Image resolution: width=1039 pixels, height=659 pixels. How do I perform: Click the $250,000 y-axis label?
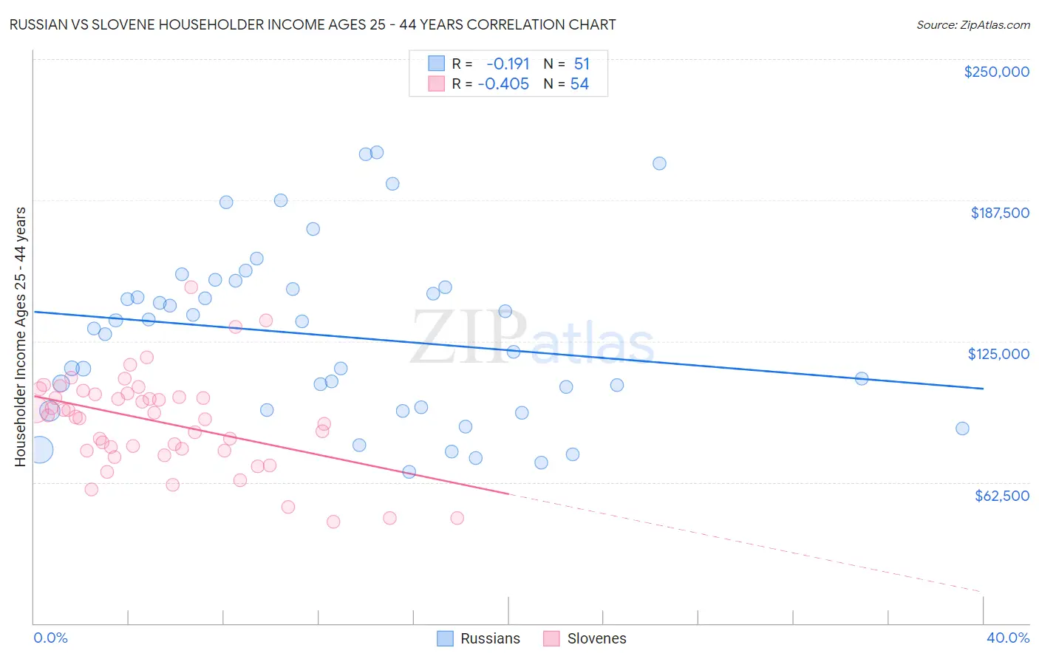996,72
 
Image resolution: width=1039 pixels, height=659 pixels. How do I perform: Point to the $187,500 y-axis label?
999,213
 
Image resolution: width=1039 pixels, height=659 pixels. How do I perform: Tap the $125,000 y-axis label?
998,354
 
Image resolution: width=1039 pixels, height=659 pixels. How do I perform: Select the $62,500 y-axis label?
1001,496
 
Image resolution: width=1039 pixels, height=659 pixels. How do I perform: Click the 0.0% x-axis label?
50,638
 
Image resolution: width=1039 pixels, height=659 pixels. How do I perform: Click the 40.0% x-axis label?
1007,638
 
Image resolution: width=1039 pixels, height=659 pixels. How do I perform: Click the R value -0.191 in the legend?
508,64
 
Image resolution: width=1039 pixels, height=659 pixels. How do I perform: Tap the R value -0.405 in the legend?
503,84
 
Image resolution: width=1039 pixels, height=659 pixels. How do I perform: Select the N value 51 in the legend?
582,64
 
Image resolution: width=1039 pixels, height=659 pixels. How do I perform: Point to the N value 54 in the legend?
579,84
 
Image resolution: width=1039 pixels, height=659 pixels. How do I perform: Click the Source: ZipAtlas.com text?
972,25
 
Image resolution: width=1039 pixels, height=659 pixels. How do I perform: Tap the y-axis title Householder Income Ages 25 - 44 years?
20,337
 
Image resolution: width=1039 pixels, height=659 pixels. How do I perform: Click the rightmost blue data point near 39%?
962,428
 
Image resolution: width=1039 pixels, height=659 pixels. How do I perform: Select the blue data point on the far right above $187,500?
659,163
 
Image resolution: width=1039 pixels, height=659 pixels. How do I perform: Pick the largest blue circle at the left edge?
40,449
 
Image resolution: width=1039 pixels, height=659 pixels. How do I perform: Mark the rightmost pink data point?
457,518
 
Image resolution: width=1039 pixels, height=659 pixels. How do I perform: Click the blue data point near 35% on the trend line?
862,378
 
